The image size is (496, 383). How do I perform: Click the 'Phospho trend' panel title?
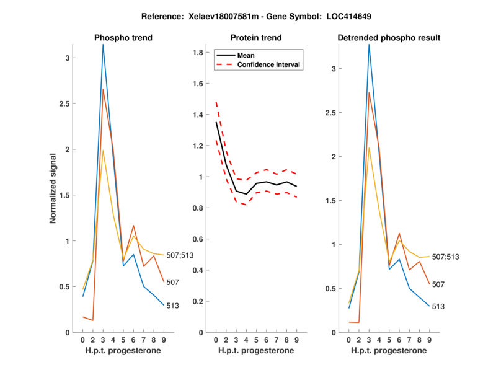click(123, 38)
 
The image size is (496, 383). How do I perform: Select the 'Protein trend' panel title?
click(256, 38)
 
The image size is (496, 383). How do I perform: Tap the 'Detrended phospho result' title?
click(389, 38)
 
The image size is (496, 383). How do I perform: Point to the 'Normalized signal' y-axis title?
click(55, 188)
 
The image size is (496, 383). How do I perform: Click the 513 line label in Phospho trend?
click(172, 306)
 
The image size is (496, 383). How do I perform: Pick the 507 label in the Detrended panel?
click(438, 284)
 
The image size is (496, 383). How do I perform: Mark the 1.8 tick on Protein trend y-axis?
click(198, 53)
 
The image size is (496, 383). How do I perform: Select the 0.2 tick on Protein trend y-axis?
click(198, 302)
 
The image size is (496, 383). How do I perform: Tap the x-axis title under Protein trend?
click(256, 351)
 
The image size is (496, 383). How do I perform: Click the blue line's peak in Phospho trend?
click(103, 45)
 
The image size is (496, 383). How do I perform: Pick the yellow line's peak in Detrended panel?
click(369, 147)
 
